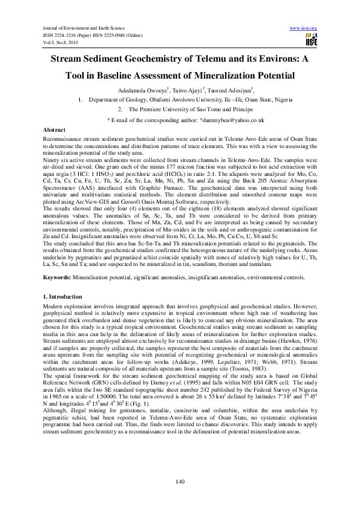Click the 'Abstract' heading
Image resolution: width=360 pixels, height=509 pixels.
tap(54, 130)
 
